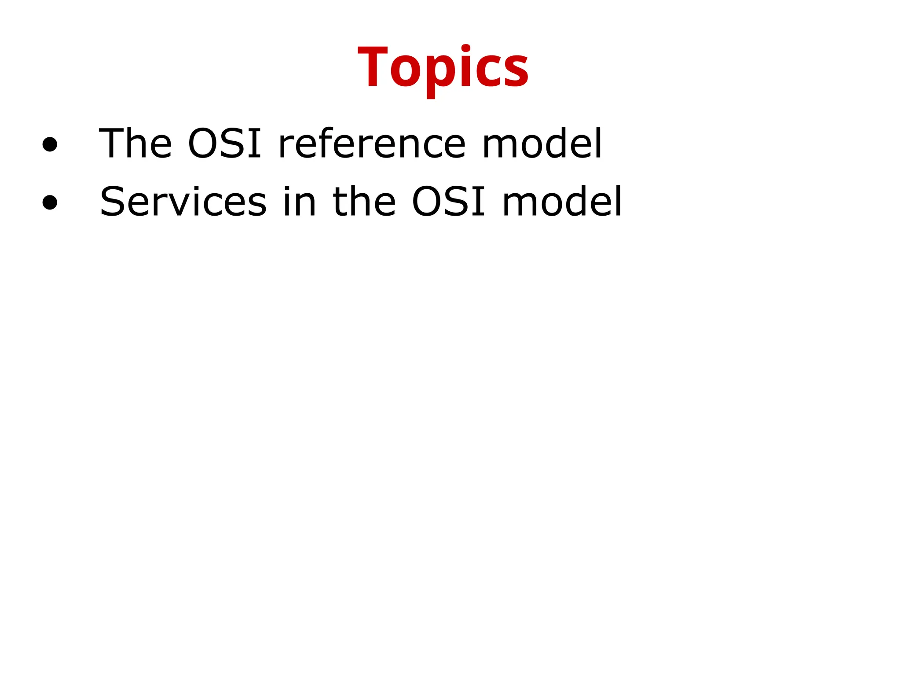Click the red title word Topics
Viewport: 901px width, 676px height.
(443, 68)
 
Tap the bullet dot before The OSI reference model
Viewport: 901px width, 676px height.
(50, 144)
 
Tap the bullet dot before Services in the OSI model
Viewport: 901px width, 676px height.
(50, 202)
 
